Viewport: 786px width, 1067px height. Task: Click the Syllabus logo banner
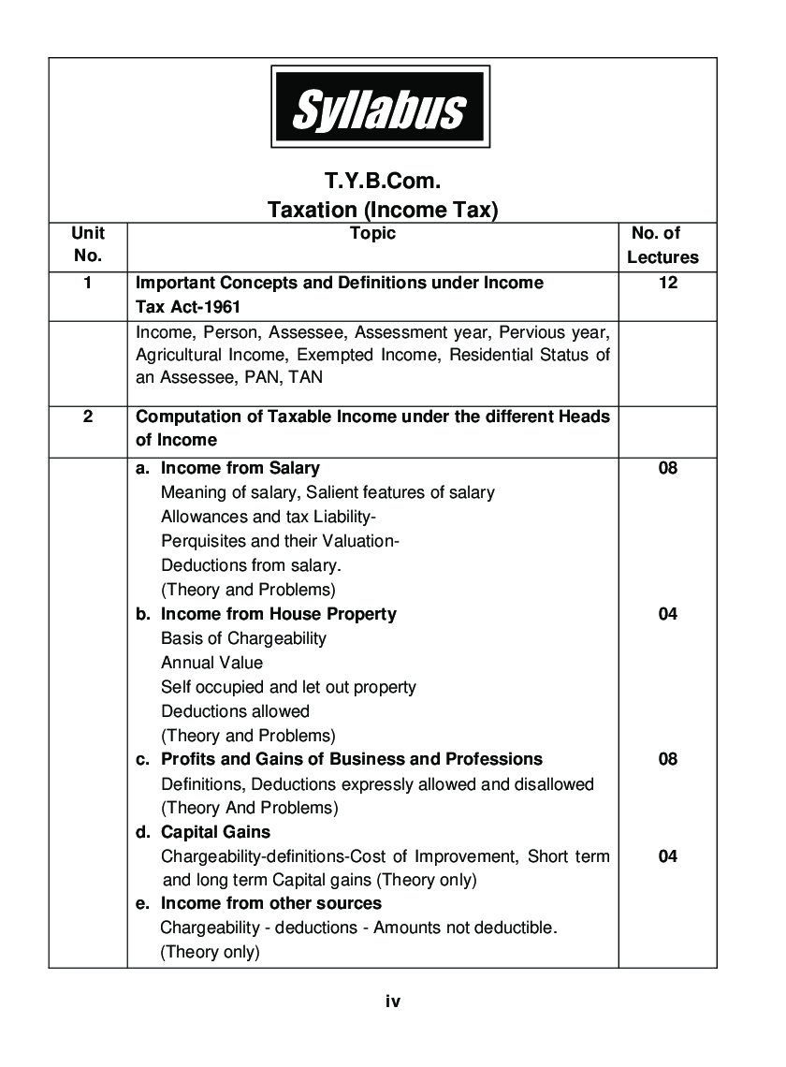[x=380, y=107]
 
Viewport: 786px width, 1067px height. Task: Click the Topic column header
[x=372, y=234]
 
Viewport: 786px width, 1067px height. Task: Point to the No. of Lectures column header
[x=662, y=245]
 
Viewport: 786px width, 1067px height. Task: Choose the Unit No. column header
[x=88, y=244]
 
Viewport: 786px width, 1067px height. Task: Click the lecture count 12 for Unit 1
[x=667, y=283]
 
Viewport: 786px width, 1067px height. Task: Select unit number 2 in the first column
[x=88, y=417]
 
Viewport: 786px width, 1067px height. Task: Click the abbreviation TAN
[x=306, y=379]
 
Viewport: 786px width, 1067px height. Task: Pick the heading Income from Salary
[x=240, y=468]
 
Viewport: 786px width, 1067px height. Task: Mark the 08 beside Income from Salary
[x=667, y=468]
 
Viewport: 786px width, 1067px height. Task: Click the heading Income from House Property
[x=278, y=614]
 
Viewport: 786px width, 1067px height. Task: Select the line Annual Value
[x=211, y=663]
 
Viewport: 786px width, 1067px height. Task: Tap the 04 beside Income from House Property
[x=667, y=614]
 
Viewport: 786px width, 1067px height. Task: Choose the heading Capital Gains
[x=215, y=832]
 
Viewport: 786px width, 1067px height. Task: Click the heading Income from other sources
[x=270, y=903]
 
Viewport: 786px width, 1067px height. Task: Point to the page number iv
[x=393, y=1001]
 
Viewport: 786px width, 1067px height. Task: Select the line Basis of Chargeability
[x=243, y=638]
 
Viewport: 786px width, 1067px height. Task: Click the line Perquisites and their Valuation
[x=280, y=541]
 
